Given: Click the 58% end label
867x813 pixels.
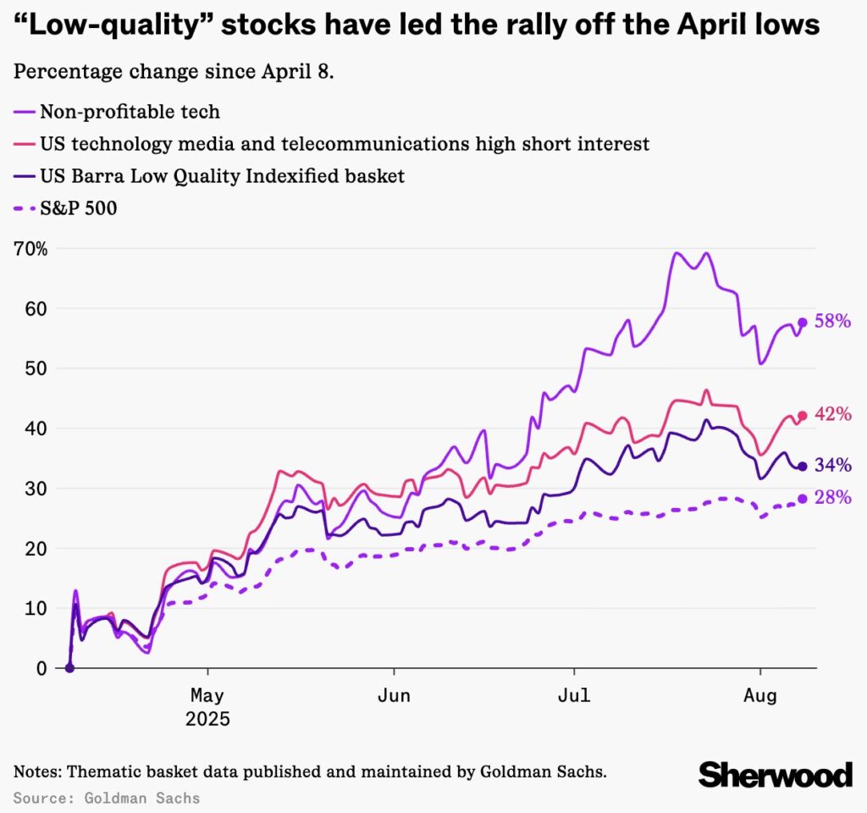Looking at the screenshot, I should click(832, 321).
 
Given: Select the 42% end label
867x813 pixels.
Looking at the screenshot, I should click(832, 414).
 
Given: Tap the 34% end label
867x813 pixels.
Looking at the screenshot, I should click(832, 465).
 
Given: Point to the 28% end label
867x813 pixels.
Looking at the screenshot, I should click(832, 497).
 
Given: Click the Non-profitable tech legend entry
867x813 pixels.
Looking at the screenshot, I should click(129, 111).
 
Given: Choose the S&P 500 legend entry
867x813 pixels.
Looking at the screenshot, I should click(77, 207).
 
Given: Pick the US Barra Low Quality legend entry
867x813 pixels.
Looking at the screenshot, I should click(222, 176).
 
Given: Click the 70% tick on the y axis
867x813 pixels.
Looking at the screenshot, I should click(30, 249).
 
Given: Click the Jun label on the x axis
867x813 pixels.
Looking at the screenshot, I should click(394, 696).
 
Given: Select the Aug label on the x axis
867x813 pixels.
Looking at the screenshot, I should click(759, 696).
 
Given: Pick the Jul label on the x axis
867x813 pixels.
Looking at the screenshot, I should click(574, 696).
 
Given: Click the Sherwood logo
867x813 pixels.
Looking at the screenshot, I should click(775, 773).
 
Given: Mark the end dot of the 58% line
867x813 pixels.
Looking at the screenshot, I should click(803, 323).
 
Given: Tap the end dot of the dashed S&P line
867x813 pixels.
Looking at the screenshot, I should click(803, 499).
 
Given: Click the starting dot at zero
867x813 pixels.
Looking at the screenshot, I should click(69, 668).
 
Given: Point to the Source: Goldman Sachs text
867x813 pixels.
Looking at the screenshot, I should click(107, 798).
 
